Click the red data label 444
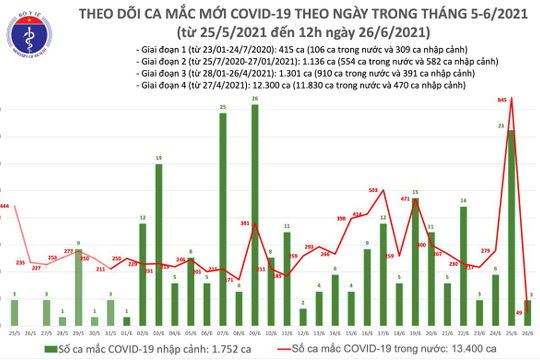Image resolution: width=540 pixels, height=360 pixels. [5, 205]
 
